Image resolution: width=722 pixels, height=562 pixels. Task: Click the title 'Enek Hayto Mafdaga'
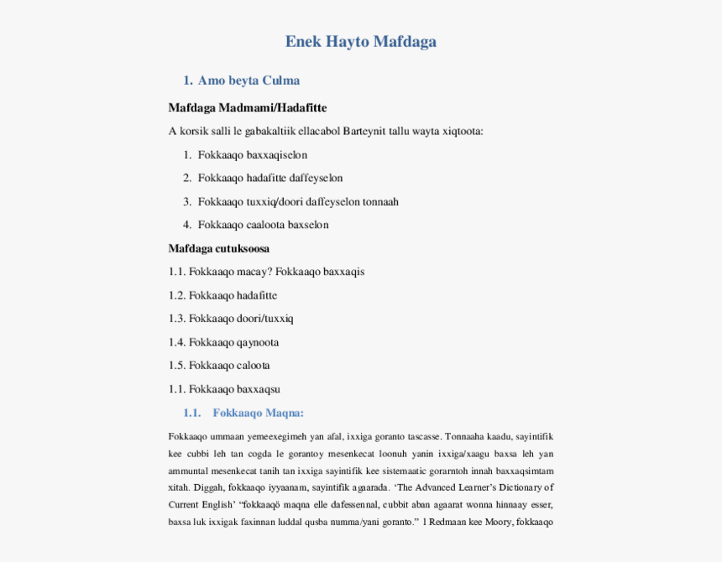point(360,41)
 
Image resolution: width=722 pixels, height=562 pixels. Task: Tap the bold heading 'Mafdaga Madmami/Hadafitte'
point(247,108)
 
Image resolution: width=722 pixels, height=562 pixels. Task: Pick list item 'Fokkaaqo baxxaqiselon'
point(252,155)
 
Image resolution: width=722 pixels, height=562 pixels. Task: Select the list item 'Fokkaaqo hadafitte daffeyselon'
point(269,179)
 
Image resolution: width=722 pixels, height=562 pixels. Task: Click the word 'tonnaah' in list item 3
point(380,202)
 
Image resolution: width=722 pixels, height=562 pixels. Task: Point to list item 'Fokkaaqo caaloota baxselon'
point(263,225)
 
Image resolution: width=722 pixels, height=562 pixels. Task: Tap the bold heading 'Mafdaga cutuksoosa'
point(218,249)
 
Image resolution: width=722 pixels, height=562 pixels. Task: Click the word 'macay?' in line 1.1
point(255,272)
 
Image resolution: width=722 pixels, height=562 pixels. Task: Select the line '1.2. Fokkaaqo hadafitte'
point(222,295)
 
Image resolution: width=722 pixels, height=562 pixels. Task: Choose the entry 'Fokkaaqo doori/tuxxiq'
point(240,319)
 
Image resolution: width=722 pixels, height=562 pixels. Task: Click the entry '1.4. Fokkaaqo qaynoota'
point(223,342)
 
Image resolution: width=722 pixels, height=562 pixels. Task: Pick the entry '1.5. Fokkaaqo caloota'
point(218,366)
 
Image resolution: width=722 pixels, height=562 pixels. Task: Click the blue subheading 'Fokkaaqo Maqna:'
point(258,413)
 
